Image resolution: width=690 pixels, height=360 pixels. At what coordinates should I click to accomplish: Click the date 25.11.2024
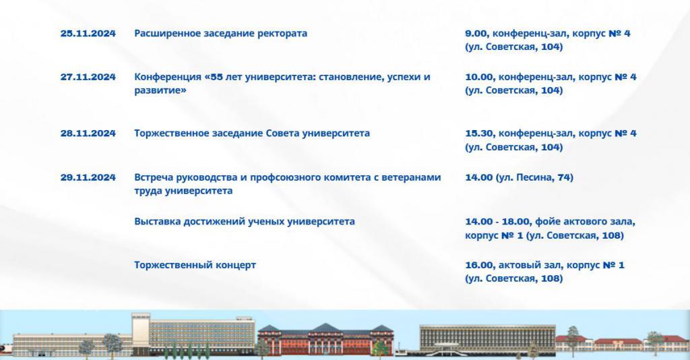pyautogui.click(x=88, y=34)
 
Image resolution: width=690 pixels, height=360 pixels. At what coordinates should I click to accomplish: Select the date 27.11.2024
pyautogui.click(x=88, y=77)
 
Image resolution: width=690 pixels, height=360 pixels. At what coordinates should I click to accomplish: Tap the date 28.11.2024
pyautogui.click(x=88, y=133)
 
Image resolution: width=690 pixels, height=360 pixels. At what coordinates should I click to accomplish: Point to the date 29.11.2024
pyautogui.click(x=88, y=177)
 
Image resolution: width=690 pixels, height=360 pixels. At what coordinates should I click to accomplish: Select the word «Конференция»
pyautogui.click(x=168, y=78)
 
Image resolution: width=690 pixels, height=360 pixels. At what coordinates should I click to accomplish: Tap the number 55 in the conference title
pyautogui.click(x=216, y=77)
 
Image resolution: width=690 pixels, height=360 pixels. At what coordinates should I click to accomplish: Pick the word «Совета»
pyautogui.click(x=282, y=133)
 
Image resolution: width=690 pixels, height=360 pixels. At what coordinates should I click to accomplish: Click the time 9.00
pyautogui.click(x=476, y=34)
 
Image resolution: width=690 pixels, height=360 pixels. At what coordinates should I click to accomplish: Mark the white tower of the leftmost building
pyautogui.click(x=141, y=334)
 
